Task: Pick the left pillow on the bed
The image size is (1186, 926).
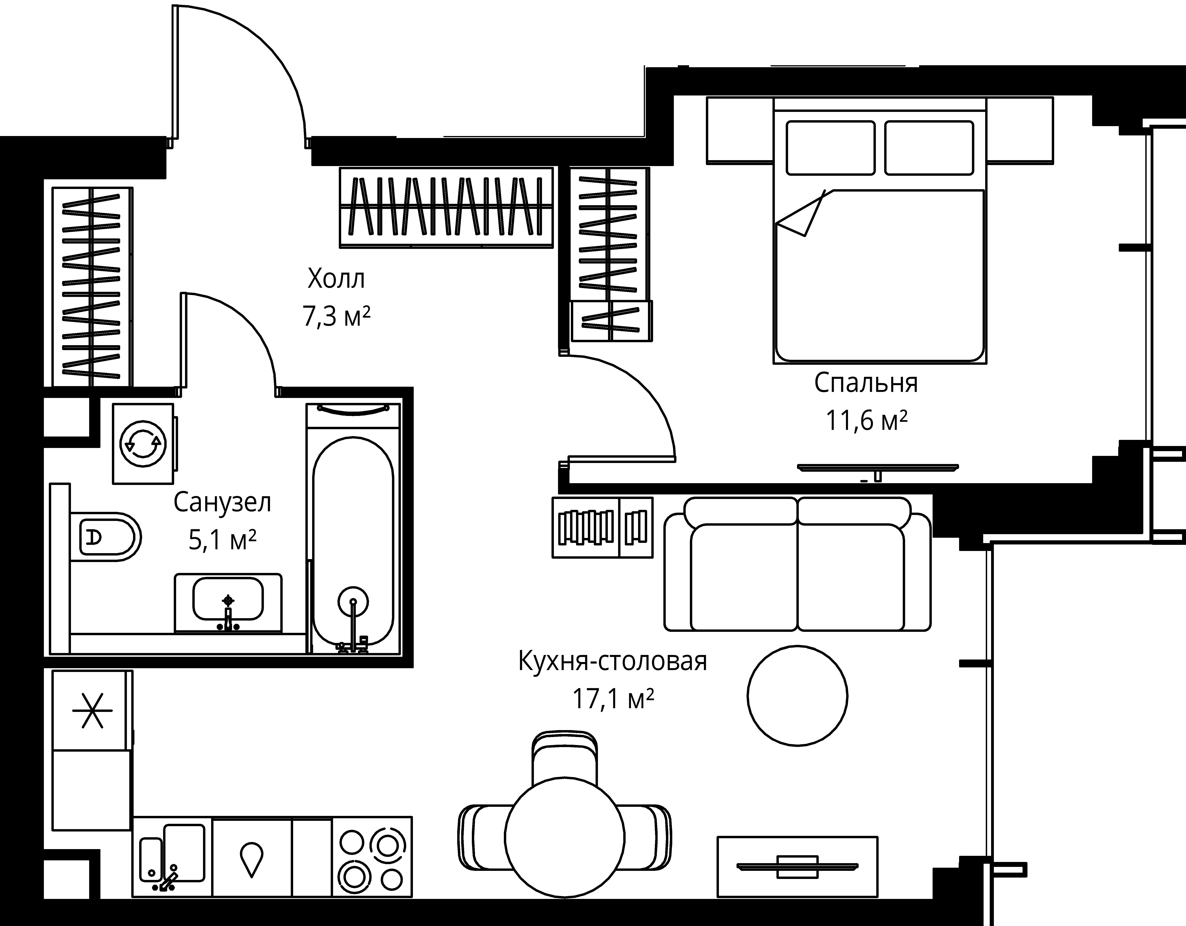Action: coord(830,148)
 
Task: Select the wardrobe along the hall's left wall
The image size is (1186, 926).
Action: coord(92,287)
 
